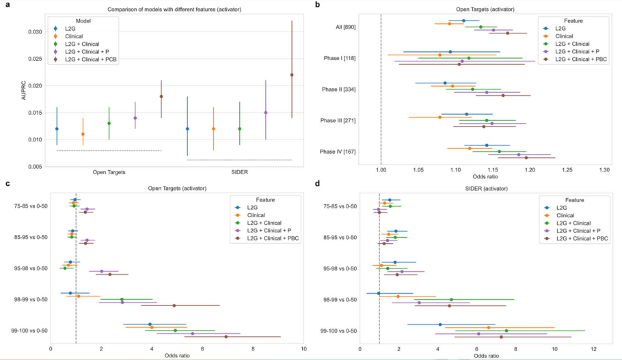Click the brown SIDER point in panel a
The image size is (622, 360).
click(x=292, y=75)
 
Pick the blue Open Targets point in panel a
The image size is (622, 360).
click(x=57, y=128)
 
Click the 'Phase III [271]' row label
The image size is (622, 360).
click(x=348, y=120)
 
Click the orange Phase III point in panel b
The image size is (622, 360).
click(x=440, y=117)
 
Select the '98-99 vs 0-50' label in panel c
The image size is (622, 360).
click(x=29, y=299)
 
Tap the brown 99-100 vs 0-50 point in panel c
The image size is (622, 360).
click(x=226, y=337)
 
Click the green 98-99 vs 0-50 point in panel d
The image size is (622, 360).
click(x=451, y=299)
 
